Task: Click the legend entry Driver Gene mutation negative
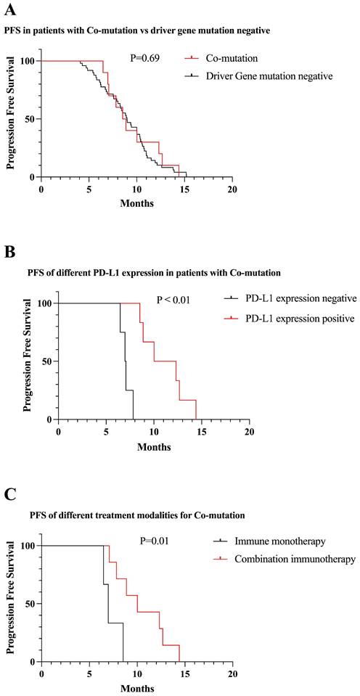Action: click(x=269, y=75)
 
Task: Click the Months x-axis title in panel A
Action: click(x=136, y=204)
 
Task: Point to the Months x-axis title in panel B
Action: click(x=154, y=447)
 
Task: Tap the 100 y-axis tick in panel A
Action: click(x=25, y=61)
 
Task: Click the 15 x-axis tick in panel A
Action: click(x=184, y=189)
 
